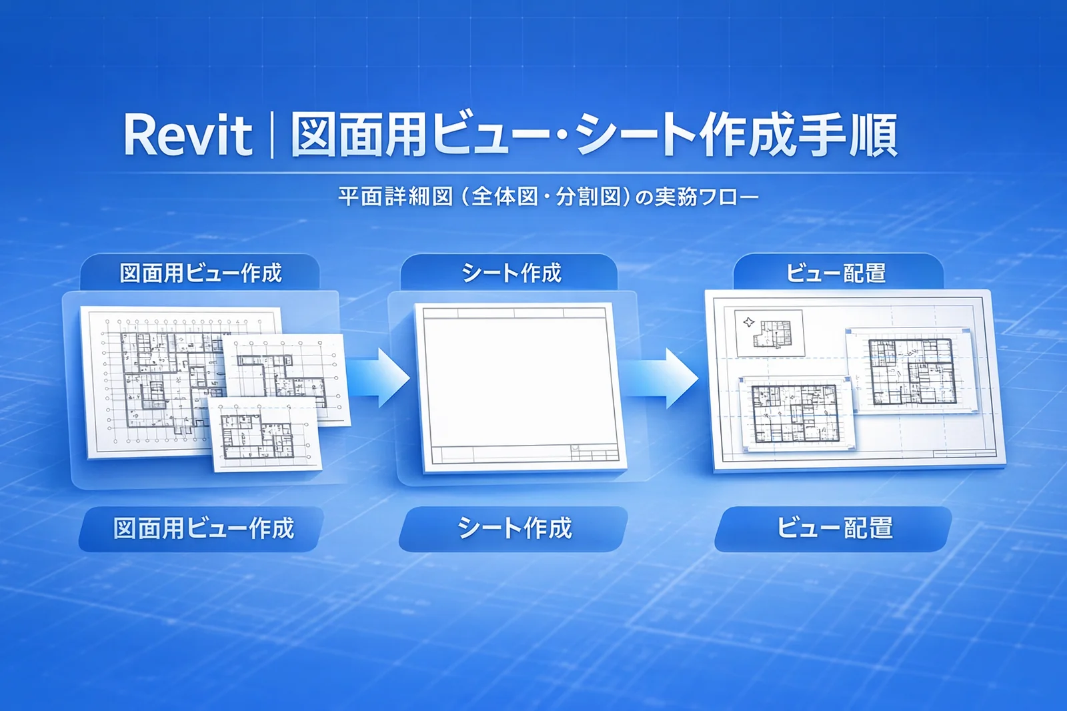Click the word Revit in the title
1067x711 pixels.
pyautogui.click(x=187, y=136)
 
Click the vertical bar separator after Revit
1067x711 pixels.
pyautogui.click(x=271, y=135)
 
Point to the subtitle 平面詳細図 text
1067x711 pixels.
pyautogui.click(x=395, y=197)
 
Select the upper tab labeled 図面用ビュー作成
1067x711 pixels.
pyautogui.click(x=200, y=273)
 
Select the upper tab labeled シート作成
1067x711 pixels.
pyautogui.click(x=509, y=273)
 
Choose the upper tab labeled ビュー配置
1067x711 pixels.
pyautogui.click(x=838, y=273)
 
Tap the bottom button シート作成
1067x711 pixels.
pyautogui.click(x=513, y=529)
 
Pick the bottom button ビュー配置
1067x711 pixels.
pyautogui.click(x=834, y=529)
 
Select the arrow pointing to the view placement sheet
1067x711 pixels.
pyautogui.click(x=661, y=378)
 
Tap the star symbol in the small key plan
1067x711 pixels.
pyautogui.click(x=749, y=323)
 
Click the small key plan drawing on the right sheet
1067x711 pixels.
pyautogui.click(x=770, y=333)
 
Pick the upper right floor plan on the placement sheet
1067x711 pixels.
pyautogui.click(x=911, y=372)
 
